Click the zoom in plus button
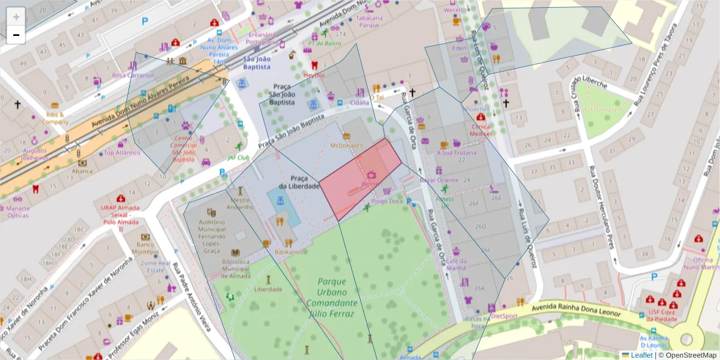pos(16,17)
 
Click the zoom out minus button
pos(16,35)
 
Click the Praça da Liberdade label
pos(304,182)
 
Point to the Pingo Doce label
pos(387,202)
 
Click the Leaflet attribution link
pos(641,355)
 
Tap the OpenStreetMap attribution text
pos(690,355)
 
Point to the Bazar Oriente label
pos(438,180)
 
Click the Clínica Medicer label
pos(481,130)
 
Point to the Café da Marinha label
pos(456,264)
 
